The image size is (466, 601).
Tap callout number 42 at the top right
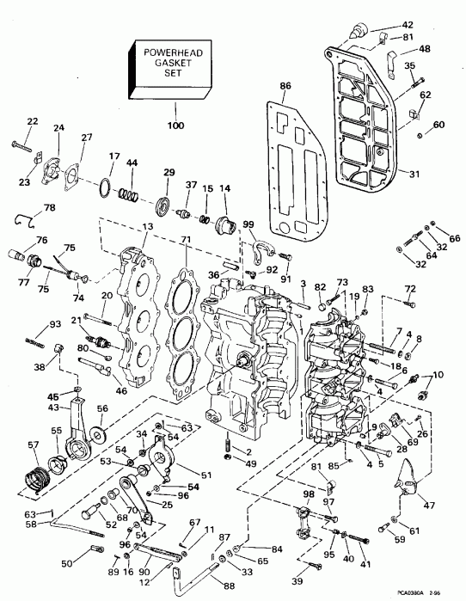(408, 24)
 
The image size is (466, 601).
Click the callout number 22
(33, 120)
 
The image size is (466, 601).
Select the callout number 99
(250, 224)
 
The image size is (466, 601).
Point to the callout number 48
(426, 49)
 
